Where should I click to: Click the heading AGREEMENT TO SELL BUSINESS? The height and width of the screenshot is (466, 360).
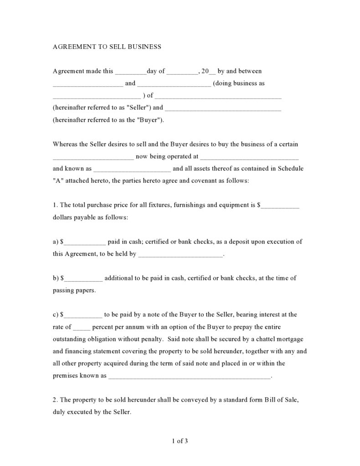click(x=107, y=47)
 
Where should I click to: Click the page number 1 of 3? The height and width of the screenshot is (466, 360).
click(x=180, y=440)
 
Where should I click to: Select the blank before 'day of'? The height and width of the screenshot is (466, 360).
click(x=130, y=72)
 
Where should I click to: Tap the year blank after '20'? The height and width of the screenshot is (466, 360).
click(x=212, y=72)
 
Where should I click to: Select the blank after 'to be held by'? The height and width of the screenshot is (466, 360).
click(x=180, y=254)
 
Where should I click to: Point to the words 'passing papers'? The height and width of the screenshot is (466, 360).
click(x=74, y=290)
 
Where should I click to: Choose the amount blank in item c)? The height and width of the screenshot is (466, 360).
click(x=84, y=315)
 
